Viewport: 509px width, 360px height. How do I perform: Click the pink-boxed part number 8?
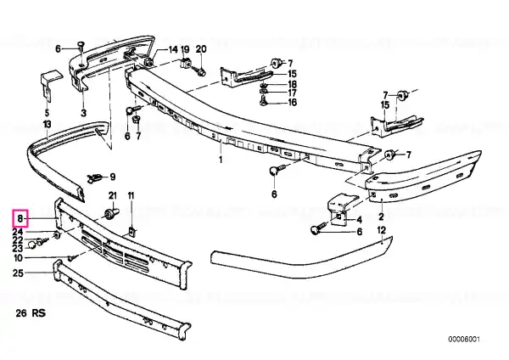pos(20,218)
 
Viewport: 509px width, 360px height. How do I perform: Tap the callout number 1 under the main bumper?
pos(221,160)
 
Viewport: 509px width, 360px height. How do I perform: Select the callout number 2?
pos(381,216)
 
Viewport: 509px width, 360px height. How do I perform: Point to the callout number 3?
pos(83,113)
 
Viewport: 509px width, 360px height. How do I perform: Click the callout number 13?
pos(47,124)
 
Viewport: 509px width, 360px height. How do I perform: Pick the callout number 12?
pos(382,230)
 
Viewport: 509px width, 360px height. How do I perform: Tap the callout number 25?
pos(18,273)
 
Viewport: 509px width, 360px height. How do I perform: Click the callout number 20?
pos(201,49)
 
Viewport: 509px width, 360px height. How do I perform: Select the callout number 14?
pos(173,49)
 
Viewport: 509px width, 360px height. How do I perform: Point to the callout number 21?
pos(112,195)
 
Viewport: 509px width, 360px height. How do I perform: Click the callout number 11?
pos(131,195)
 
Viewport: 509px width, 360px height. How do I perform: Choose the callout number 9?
pos(112,177)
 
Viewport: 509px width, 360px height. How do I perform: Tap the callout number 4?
pos(359,220)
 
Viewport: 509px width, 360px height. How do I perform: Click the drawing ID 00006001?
pos(464,340)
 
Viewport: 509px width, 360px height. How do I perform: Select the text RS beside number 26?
pos(39,313)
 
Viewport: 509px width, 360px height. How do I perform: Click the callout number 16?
pos(292,103)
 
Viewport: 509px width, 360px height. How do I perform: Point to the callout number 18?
pos(292,84)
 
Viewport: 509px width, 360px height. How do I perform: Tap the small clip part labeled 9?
pos(94,177)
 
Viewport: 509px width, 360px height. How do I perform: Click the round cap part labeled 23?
pos(31,245)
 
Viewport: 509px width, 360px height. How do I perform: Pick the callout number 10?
pos(18,258)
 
